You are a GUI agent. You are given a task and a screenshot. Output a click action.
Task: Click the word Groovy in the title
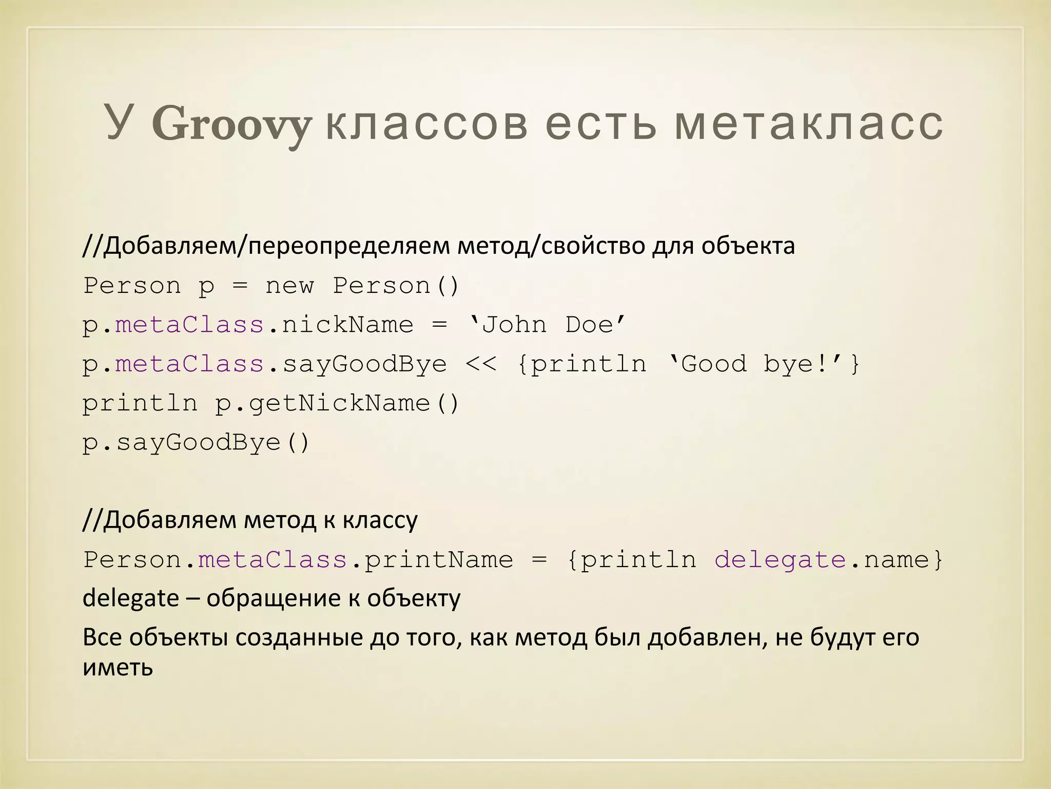231,125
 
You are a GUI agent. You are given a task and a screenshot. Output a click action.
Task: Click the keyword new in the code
289,286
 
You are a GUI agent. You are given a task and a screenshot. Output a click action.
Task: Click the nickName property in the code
347,325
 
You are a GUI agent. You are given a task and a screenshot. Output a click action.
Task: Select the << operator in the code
481,364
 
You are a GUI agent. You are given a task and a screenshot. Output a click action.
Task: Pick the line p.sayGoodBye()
196,443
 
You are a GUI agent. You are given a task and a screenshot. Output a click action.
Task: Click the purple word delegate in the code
780,559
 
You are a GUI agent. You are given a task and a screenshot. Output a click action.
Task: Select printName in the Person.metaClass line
438,559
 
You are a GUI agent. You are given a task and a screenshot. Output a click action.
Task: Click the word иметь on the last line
118,668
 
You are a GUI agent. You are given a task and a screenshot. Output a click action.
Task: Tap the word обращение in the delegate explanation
274,598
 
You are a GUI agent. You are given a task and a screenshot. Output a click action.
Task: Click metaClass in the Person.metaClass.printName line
273,559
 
